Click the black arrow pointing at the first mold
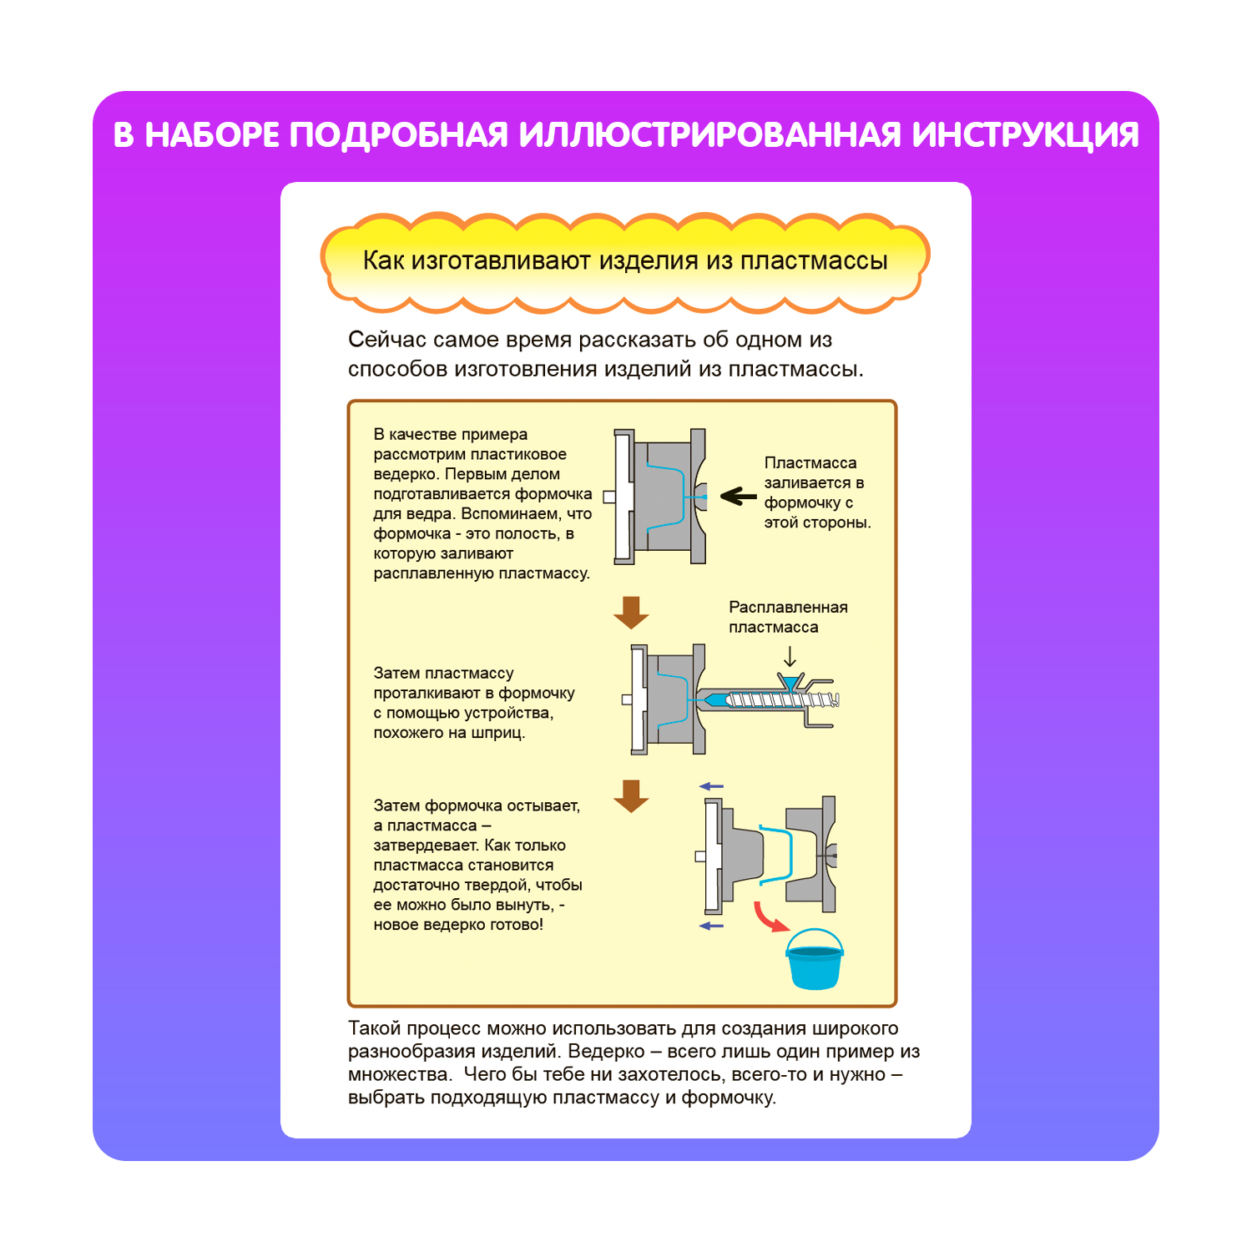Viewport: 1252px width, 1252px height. pyautogui.click(x=738, y=497)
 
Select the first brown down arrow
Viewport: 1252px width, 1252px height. pyautogui.click(x=631, y=613)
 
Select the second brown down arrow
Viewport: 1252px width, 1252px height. pyautogui.click(x=631, y=796)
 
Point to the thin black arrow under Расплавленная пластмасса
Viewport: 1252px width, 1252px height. pyautogui.click(x=790, y=657)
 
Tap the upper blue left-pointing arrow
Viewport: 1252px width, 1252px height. pyautogui.click(x=711, y=786)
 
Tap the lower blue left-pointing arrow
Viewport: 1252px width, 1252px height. pyautogui.click(x=711, y=926)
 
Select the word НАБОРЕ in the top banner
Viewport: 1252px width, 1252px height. pyautogui.click(x=212, y=135)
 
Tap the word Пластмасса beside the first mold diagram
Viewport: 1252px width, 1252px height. pyautogui.click(x=810, y=462)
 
